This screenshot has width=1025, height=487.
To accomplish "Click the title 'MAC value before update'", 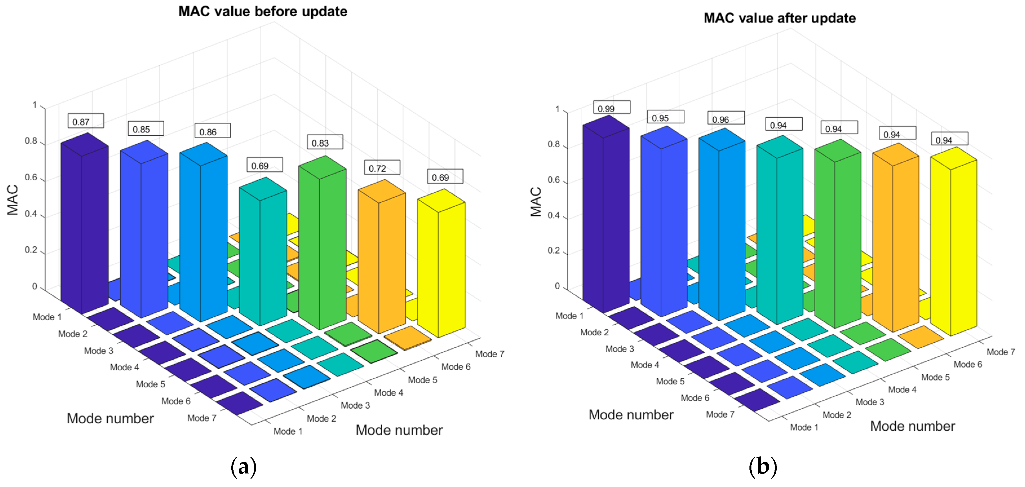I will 263,11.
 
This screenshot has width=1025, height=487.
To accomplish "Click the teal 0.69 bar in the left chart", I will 263,255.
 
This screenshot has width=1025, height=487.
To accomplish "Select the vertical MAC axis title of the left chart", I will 13,200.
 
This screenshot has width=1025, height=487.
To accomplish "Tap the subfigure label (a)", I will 243,466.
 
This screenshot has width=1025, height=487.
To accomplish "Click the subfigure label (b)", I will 762,466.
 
